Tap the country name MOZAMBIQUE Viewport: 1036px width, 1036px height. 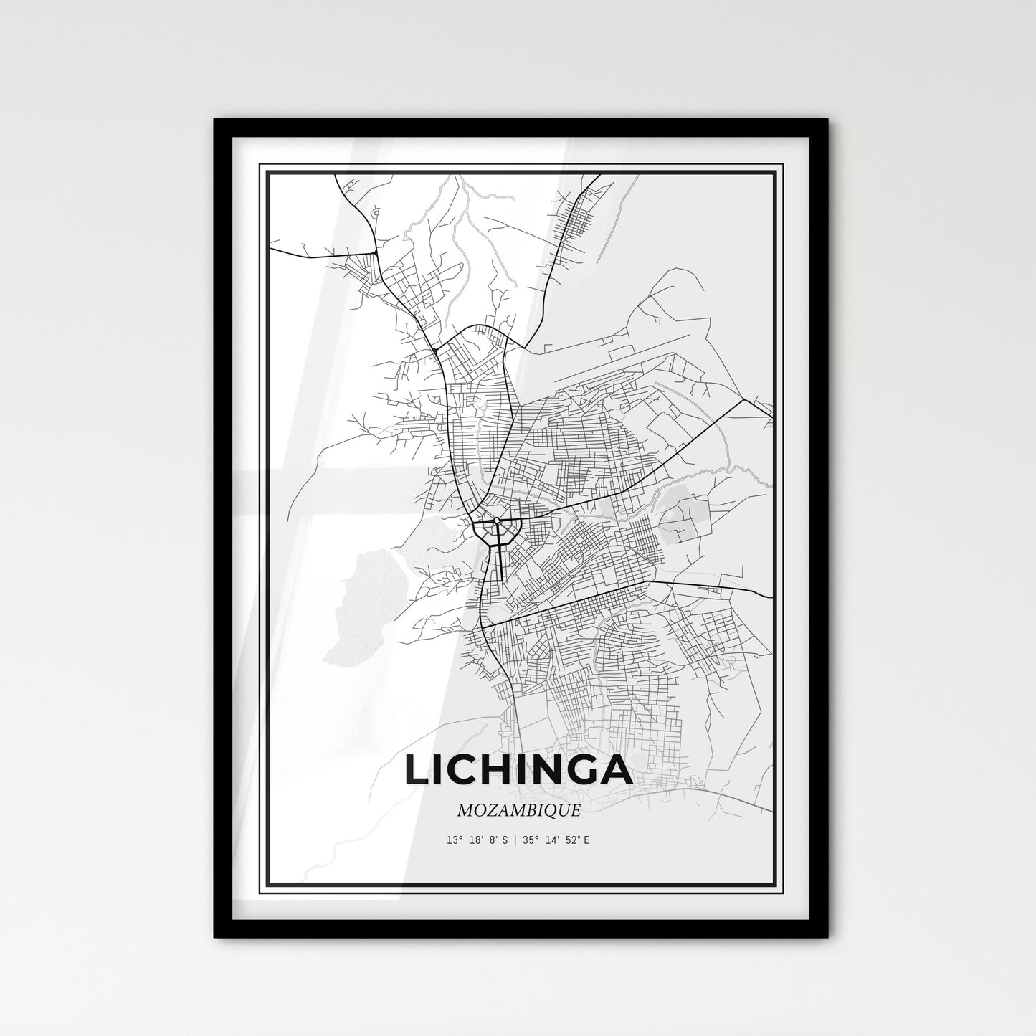click(518, 811)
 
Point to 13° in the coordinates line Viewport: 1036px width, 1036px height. click(452, 839)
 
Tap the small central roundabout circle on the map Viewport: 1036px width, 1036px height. click(496, 521)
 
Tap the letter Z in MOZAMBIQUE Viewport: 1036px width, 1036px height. click(487, 811)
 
